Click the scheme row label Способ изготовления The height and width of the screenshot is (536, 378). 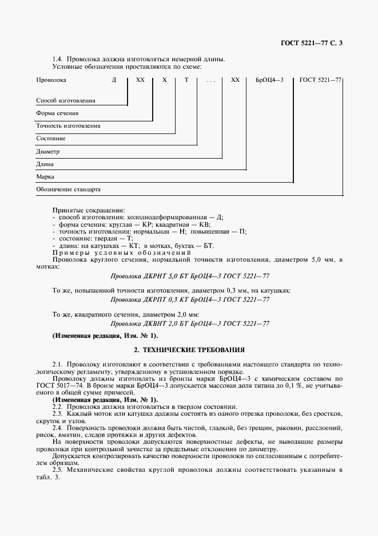(65, 101)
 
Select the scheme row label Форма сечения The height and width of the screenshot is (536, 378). (57, 113)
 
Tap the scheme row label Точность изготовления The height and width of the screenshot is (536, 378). (68, 125)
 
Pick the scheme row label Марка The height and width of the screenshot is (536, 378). (45, 177)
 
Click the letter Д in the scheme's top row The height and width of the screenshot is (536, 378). (114, 81)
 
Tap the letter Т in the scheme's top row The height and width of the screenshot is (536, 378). (186, 81)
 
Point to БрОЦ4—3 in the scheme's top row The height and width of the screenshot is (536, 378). (269, 81)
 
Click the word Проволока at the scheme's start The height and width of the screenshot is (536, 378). (51, 81)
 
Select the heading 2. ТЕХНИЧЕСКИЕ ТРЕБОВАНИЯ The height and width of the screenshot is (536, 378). (189, 349)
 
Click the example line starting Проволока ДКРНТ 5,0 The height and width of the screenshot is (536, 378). (189, 275)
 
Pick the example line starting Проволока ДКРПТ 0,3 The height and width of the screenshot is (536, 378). (189, 299)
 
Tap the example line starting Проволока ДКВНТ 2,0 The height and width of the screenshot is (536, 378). (189, 324)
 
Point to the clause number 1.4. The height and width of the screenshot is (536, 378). (58, 60)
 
